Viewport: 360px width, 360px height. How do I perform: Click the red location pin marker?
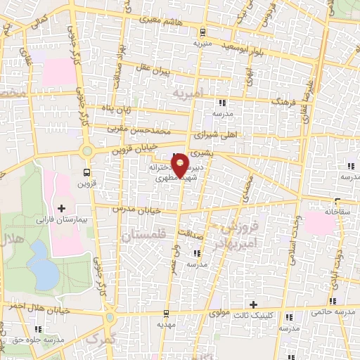point(180,165)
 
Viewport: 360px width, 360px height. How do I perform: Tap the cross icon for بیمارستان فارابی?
point(61,208)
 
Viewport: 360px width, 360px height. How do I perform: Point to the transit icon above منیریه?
point(202,32)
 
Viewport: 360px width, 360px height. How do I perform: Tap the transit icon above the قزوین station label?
point(86,172)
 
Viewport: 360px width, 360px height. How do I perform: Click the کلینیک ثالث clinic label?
point(252,315)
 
